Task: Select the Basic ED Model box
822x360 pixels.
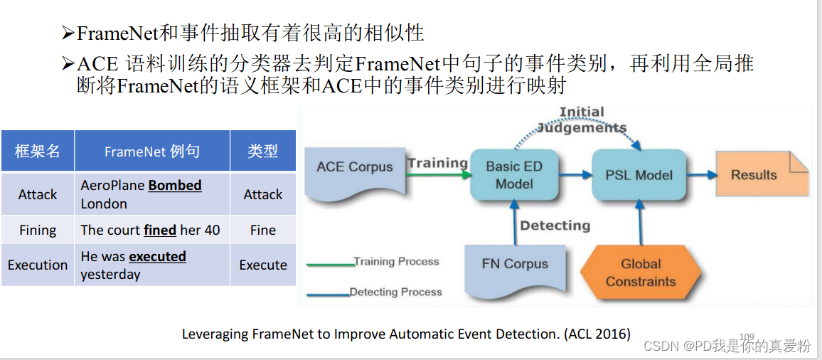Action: [x=514, y=175]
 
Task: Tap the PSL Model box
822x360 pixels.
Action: [x=639, y=175]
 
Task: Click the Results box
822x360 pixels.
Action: [x=756, y=175]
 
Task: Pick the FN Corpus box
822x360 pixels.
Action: [x=514, y=264]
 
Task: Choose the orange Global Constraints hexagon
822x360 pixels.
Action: [x=641, y=272]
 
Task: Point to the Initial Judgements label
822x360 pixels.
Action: [x=582, y=120]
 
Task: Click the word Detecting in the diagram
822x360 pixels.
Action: [x=555, y=226]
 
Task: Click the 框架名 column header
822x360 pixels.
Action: [x=38, y=151]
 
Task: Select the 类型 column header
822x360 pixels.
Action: [x=262, y=151]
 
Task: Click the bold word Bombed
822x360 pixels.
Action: [x=175, y=186]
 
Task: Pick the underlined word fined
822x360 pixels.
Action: [x=160, y=230]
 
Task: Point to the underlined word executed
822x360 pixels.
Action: [x=157, y=257]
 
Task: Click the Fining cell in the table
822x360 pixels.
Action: [x=38, y=230]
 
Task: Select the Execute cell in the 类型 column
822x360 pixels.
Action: [x=262, y=265]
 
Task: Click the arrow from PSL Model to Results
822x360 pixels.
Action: [x=703, y=175]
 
